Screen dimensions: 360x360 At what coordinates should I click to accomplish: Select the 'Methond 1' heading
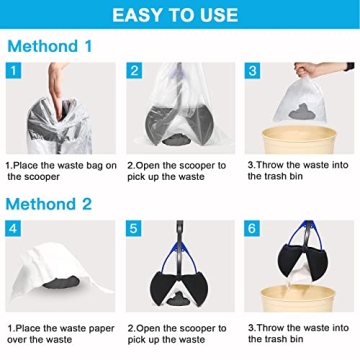[x=50, y=47]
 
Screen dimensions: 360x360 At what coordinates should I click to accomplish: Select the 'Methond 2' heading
[x=50, y=204]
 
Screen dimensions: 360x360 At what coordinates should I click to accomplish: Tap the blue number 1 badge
[x=14, y=71]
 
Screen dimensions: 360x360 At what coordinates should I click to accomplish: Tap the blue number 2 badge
[x=134, y=71]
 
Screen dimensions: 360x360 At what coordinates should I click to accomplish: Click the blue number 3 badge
[x=254, y=71]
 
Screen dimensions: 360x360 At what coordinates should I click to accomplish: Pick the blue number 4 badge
[x=14, y=229]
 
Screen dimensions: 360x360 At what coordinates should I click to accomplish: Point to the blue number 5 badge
[x=134, y=229]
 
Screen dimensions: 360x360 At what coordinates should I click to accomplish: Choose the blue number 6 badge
[x=254, y=229]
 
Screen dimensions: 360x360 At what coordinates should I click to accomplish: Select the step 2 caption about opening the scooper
[x=180, y=170]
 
